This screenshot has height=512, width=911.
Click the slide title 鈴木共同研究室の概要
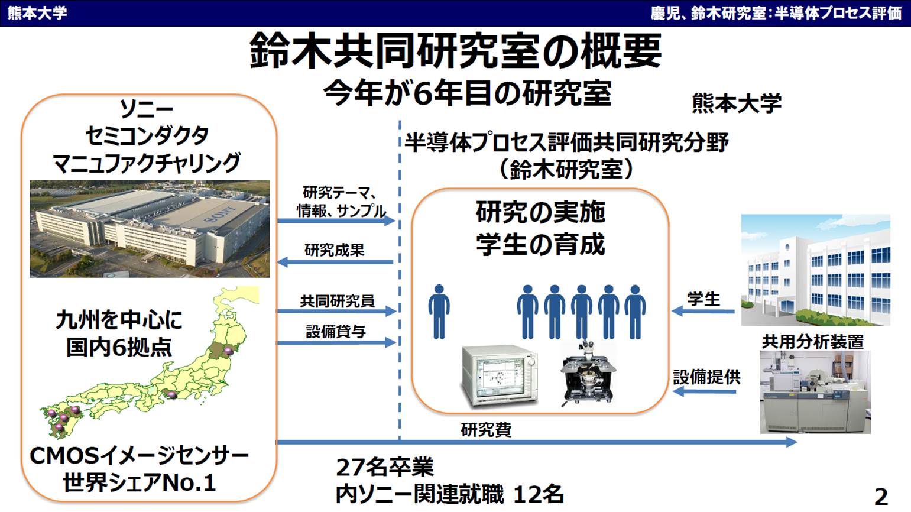pos(456,51)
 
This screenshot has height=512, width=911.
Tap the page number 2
pos(881,497)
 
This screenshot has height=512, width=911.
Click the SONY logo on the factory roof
pos(225,214)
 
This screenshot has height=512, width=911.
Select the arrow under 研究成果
pos(335,263)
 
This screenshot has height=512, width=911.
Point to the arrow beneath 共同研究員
pos(336,311)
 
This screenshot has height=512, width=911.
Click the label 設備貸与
pos(336,332)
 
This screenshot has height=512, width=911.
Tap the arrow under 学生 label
pos(703,312)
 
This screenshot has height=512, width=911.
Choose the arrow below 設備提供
pos(705,391)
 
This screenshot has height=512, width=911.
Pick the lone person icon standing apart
pos(439,312)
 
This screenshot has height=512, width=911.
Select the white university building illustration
pos(815,270)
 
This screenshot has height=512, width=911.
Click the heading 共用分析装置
pos(813,342)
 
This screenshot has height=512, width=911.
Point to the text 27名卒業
pos(385,467)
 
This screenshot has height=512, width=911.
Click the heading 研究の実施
pos(540,212)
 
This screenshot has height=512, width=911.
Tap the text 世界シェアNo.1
pos(139,482)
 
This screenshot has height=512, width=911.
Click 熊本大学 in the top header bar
pos(37,13)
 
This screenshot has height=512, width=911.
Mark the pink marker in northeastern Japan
pos(229,351)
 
